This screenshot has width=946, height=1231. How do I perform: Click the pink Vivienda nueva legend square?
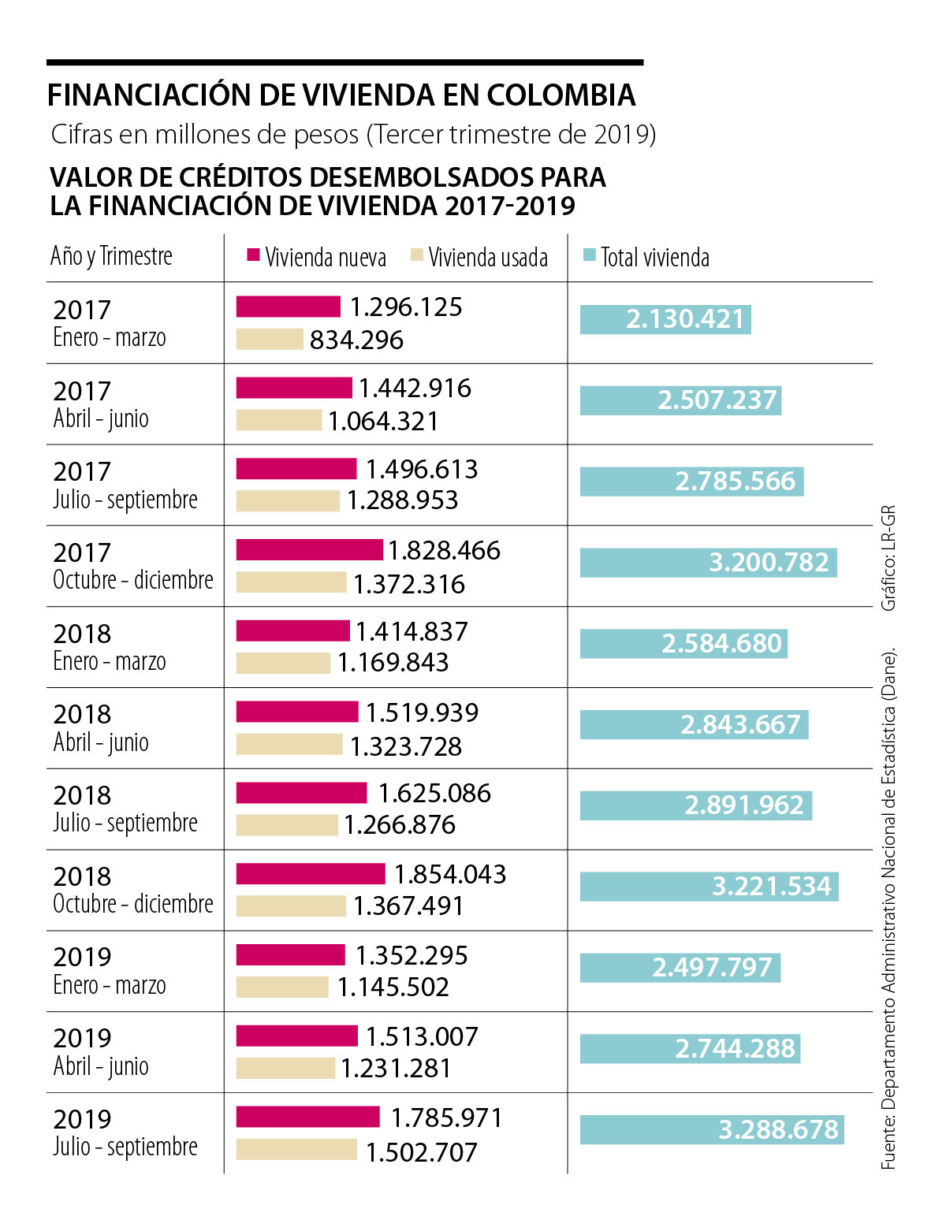click(253, 255)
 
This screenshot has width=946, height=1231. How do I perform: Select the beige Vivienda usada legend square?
click(417, 255)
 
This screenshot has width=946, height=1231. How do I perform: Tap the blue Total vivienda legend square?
click(589, 255)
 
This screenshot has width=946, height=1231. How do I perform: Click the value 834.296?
click(356, 340)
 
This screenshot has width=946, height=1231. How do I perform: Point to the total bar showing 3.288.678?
click(712, 1129)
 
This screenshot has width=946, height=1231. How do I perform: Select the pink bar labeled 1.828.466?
click(309, 549)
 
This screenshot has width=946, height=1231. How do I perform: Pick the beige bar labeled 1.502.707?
click(296, 1150)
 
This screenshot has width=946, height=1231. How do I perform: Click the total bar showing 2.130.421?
click(665, 319)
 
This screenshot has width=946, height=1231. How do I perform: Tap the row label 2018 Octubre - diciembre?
click(132, 891)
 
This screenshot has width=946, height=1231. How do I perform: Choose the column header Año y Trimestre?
click(111, 256)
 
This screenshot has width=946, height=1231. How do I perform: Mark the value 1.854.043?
click(450, 874)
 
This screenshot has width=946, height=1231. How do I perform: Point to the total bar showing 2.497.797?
click(680, 967)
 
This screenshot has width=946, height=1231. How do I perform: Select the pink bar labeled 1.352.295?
click(290, 954)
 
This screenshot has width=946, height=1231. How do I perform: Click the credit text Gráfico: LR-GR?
click(888, 557)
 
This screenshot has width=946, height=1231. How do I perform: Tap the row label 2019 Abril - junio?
click(101, 1052)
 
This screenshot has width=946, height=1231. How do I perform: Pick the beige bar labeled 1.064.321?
click(279, 420)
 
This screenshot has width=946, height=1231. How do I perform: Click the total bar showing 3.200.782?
click(709, 563)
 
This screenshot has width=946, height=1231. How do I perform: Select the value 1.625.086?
click(434, 793)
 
